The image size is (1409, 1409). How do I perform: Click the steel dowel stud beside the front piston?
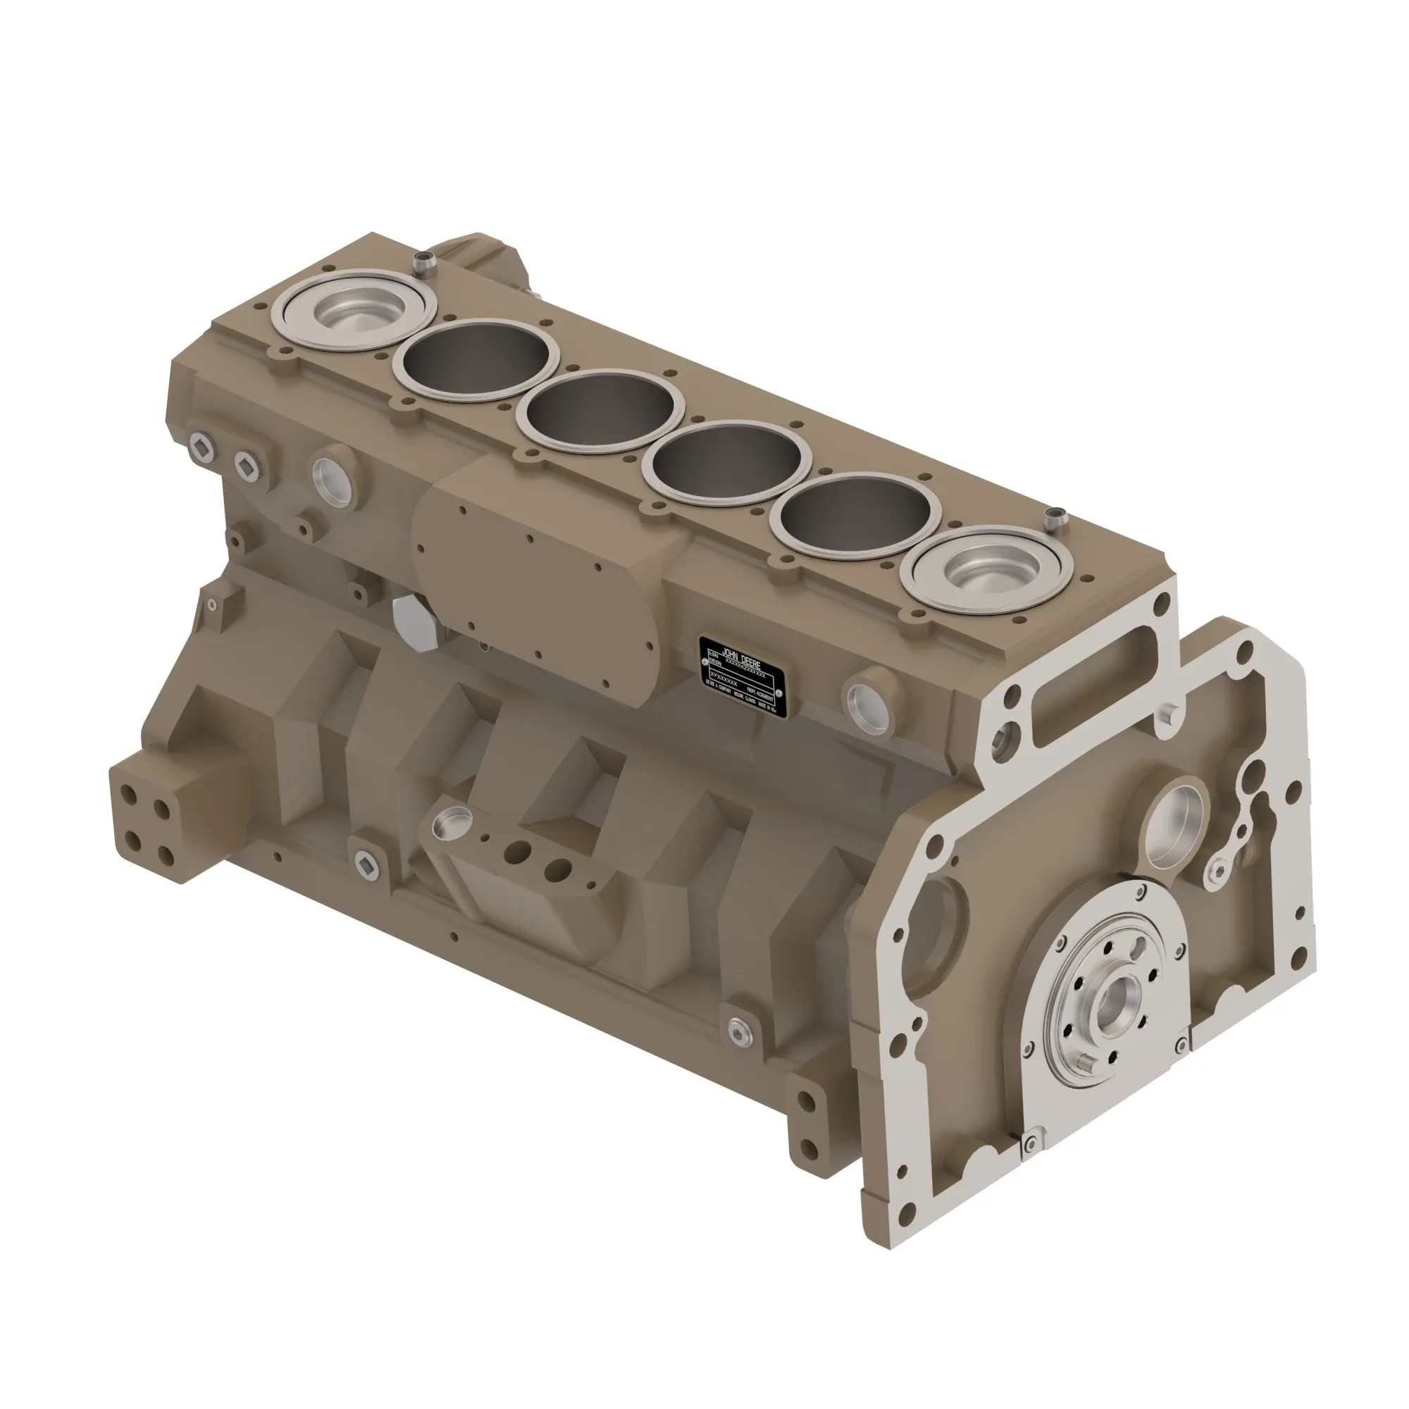point(1053,521)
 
